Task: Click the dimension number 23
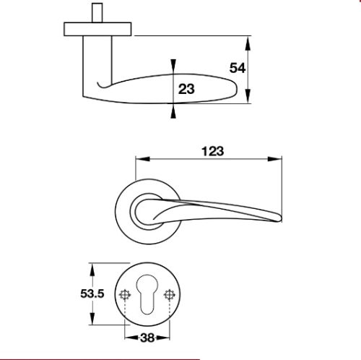186,89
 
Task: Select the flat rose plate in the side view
97,28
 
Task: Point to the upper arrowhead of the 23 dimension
172,64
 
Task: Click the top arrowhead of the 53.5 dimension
92,268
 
